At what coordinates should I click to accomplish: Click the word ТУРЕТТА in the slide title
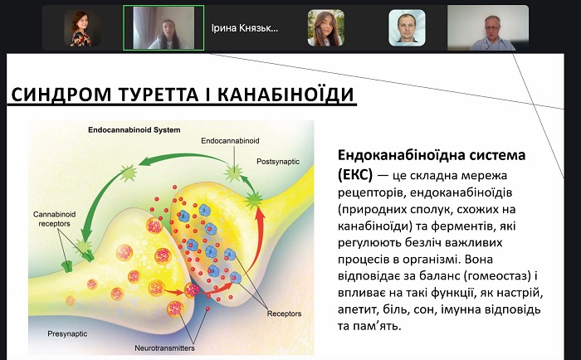159,94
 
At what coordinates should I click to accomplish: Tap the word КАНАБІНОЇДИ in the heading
286,94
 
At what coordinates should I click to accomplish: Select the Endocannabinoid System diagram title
134,130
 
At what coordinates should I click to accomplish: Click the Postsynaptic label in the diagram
278,162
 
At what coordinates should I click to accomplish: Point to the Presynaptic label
67,333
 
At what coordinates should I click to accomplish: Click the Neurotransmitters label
164,348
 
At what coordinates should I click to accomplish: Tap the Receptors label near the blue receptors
284,314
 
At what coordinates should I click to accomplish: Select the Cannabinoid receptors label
55,219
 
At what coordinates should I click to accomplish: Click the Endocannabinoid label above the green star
230,141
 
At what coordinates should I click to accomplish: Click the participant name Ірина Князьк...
245,28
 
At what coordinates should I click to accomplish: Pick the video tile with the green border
164,27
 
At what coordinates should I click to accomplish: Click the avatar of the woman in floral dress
82,28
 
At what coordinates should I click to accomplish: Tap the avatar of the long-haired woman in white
325,28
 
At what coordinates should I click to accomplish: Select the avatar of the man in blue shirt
407,28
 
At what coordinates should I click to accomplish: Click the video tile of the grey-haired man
488,27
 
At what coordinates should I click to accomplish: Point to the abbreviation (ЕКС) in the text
355,174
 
